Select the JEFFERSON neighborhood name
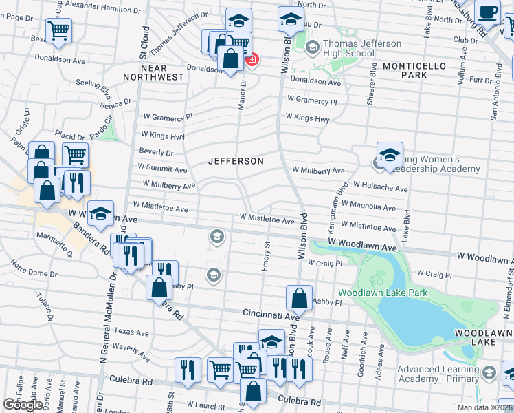point(236,161)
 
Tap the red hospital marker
point(252,61)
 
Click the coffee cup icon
point(488,13)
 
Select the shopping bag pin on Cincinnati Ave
point(299,298)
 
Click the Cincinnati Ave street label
point(271,313)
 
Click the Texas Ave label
point(131,332)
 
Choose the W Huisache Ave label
point(380,187)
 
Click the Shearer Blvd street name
point(372,83)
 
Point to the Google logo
point(23,404)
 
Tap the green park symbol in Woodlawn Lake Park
point(376,280)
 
